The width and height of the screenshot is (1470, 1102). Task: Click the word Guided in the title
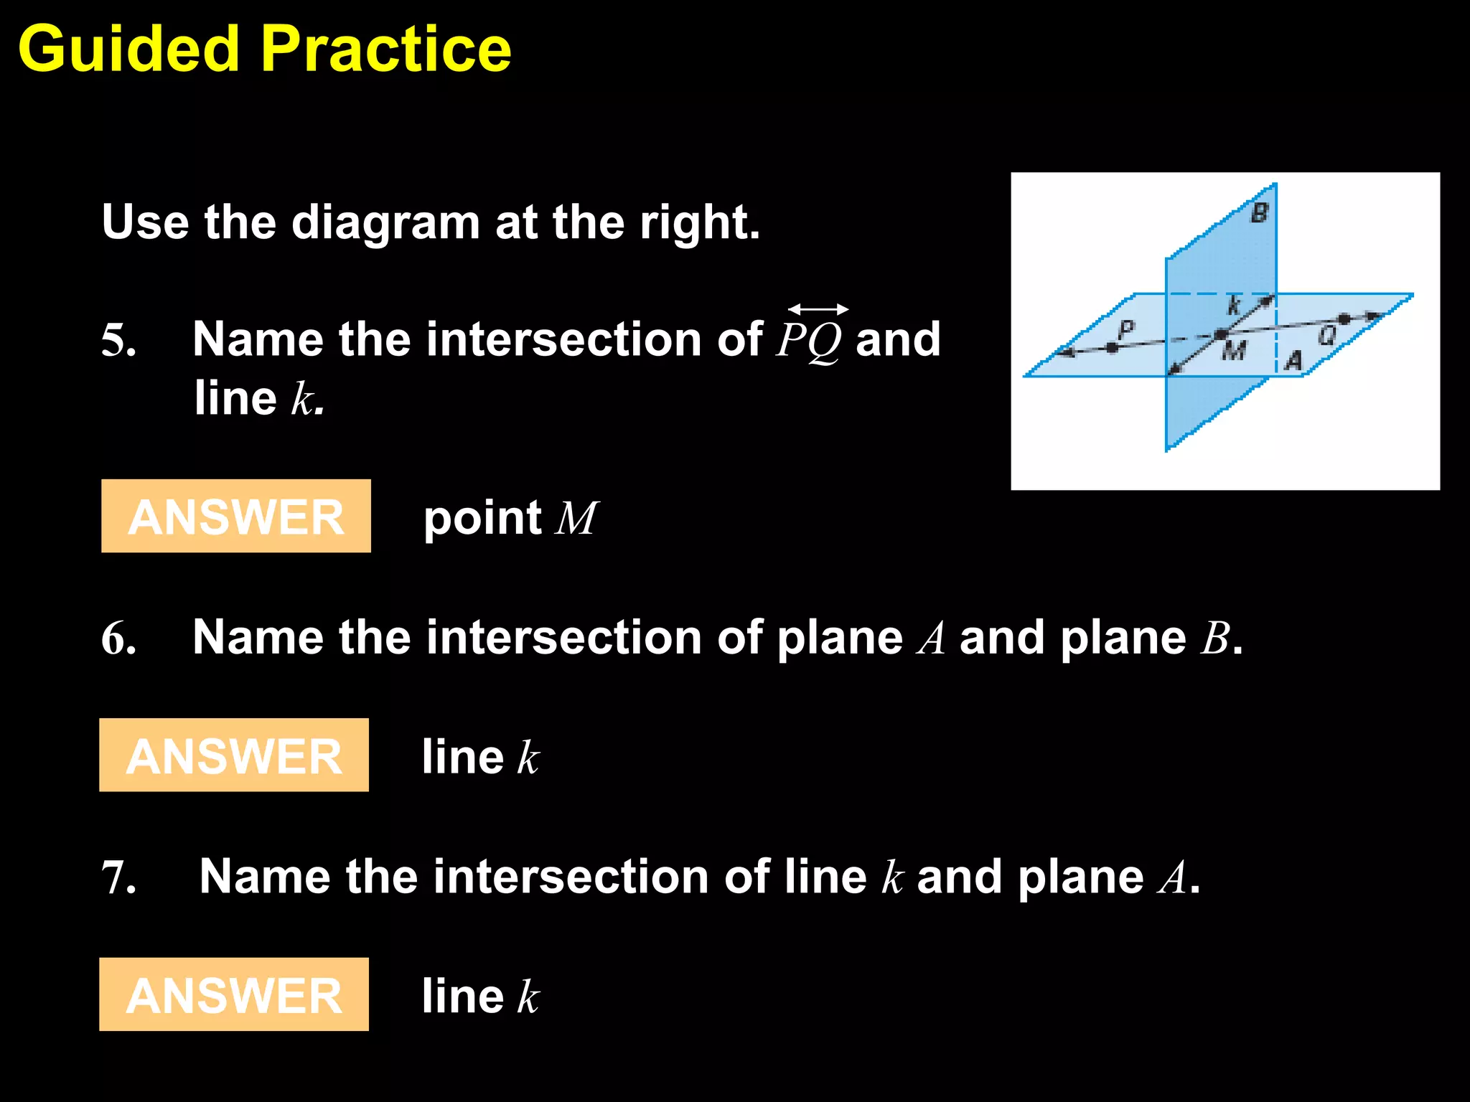(x=128, y=49)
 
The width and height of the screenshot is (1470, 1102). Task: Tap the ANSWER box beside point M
(x=235, y=517)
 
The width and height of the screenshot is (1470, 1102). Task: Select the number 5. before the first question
(x=118, y=340)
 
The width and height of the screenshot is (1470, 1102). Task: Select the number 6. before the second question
(x=118, y=638)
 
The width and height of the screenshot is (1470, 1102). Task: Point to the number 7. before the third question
(x=118, y=877)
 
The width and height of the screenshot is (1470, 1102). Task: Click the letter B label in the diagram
(x=1260, y=213)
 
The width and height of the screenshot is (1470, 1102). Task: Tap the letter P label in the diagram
(x=1126, y=329)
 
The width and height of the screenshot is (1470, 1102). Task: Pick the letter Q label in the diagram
(x=1328, y=334)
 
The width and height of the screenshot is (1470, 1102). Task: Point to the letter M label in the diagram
(x=1234, y=351)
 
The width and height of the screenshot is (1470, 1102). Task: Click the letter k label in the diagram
(x=1233, y=305)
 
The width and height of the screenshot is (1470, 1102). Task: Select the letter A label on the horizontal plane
(x=1293, y=360)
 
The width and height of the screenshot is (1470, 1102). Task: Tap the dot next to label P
(x=1112, y=347)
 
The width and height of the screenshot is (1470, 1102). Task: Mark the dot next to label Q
(x=1344, y=318)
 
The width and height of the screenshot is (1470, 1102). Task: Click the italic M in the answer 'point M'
(x=576, y=518)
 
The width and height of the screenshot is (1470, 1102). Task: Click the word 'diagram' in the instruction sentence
(x=385, y=222)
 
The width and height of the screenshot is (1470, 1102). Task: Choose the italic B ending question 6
(x=1215, y=638)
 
